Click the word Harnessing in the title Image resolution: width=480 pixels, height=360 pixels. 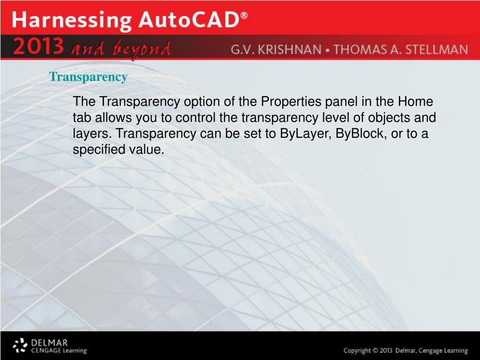point(72,21)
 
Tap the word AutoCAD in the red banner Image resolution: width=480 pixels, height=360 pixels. point(189,20)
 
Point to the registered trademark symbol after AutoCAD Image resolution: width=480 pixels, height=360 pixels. point(244,15)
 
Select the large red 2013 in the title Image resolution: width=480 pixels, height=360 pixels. point(38,46)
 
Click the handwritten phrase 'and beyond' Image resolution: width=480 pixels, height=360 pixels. point(120,49)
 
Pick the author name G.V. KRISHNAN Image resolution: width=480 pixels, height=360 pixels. point(276,50)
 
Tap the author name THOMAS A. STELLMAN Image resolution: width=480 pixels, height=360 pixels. point(401,50)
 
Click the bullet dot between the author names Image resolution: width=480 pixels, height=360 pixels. point(328,50)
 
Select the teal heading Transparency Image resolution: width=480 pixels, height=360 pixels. point(88,77)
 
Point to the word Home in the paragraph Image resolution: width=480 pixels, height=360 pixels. point(415,101)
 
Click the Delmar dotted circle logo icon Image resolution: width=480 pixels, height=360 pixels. point(20,345)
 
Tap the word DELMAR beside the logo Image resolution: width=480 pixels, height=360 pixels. point(49,343)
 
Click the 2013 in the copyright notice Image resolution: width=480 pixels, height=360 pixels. point(386,351)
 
